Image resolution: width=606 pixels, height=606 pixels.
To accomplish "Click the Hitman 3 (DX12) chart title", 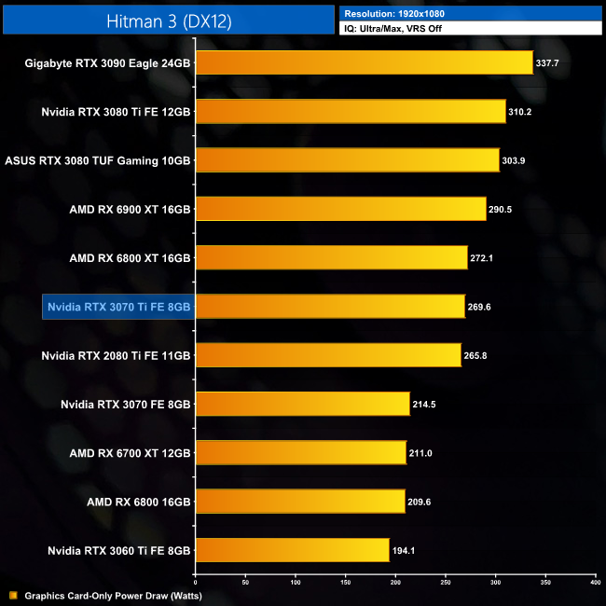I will [x=169, y=18].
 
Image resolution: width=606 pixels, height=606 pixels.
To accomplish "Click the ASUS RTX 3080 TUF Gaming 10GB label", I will [x=98, y=160].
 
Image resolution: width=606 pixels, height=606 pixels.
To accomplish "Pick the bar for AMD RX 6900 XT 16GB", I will [x=340, y=209].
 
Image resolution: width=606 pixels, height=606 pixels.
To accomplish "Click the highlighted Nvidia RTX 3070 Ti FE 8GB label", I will [x=118, y=306].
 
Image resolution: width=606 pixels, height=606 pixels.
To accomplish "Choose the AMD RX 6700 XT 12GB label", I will [x=130, y=452].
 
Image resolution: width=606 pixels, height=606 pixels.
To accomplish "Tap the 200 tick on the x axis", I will [x=395, y=583].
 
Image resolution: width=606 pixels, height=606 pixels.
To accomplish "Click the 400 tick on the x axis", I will [x=595, y=583].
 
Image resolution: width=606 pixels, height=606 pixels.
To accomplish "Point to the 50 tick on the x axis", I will [x=245, y=583].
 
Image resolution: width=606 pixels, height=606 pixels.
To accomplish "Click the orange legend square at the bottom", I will [x=12, y=595].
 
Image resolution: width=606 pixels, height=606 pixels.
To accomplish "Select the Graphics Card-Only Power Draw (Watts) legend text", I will [x=113, y=595].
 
